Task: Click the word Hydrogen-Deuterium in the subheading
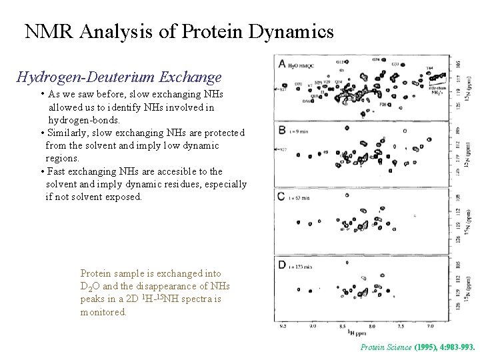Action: pos(85,78)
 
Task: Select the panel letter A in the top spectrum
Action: pos(283,64)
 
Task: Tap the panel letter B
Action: pos(283,131)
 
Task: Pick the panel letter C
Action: pos(283,197)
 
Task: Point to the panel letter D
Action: pos(283,265)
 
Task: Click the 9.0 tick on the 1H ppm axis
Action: pos(313,326)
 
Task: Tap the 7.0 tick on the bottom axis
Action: pos(430,326)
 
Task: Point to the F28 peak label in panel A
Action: pos(385,105)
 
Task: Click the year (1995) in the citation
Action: pos(426,347)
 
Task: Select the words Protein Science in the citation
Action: pos(385,347)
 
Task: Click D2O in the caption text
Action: pos(89,287)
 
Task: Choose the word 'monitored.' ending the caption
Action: pos(103,311)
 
